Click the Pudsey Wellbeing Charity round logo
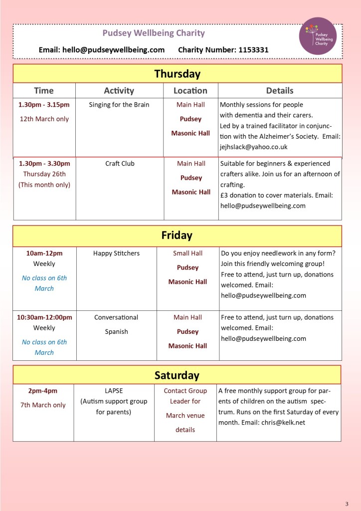click(318, 36)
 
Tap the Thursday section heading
click(177, 74)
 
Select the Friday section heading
click(177, 235)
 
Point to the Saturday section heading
click(177, 375)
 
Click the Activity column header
click(119, 90)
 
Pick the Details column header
click(280, 90)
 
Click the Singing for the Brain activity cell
click(119, 105)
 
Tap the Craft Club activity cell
click(120, 164)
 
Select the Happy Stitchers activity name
click(116, 254)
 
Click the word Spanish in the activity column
click(116, 331)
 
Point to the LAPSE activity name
click(114, 391)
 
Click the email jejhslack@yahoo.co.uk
click(254, 147)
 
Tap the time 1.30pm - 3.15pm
click(44, 105)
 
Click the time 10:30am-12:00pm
click(44, 317)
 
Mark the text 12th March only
click(44, 119)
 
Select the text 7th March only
click(43, 405)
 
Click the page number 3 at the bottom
click(347, 503)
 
